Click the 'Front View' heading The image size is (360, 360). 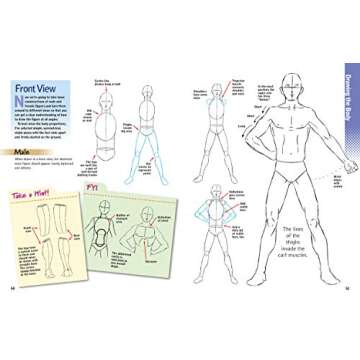click(41, 97)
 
